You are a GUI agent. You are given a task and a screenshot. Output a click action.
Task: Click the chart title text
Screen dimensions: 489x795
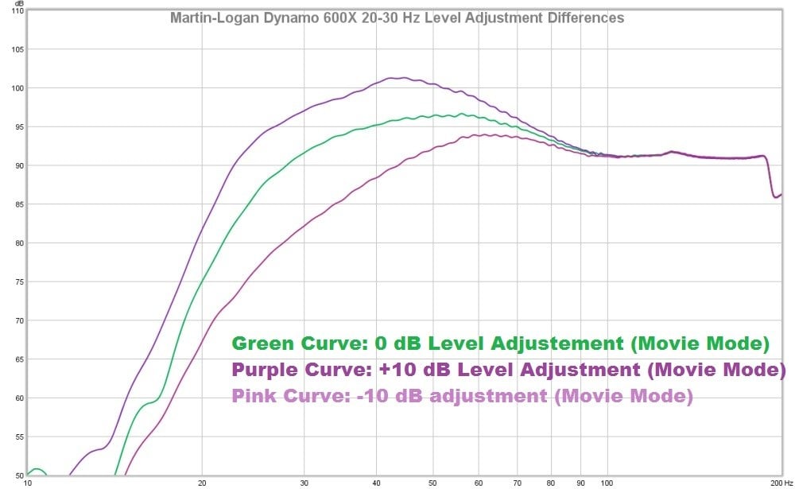pyautogui.click(x=397, y=17)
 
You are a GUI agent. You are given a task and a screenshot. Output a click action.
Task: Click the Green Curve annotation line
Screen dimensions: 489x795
pyautogui.click(x=500, y=344)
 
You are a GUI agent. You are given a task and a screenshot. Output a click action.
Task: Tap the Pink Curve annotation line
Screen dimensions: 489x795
pyautogui.click(x=462, y=395)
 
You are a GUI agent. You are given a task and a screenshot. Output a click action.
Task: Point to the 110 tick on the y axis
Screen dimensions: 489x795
pyautogui.click(x=15, y=12)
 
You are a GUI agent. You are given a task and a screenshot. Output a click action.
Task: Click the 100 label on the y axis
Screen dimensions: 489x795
pyautogui.click(x=15, y=88)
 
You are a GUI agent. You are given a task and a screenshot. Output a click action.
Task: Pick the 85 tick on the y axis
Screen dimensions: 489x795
pyautogui.click(x=17, y=204)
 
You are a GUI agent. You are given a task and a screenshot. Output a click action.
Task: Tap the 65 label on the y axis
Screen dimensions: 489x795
pyautogui.click(x=17, y=359)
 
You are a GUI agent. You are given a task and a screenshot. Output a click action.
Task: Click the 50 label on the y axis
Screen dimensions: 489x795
pyautogui.click(x=17, y=475)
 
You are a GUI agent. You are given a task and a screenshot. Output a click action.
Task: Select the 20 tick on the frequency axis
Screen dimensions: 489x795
pyautogui.click(x=202, y=483)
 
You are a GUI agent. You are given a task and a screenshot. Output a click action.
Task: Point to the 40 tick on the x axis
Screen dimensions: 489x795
pyautogui.click(x=377, y=483)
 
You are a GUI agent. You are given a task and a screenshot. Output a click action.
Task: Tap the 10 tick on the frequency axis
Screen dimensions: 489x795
pyautogui.click(x=28, y=483)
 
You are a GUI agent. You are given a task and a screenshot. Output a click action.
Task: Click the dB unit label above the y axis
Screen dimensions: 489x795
pyautogui.click(x=18, y=4)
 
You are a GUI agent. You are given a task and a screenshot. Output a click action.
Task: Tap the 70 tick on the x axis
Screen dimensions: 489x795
pyautogui.click(x=518, y=483)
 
